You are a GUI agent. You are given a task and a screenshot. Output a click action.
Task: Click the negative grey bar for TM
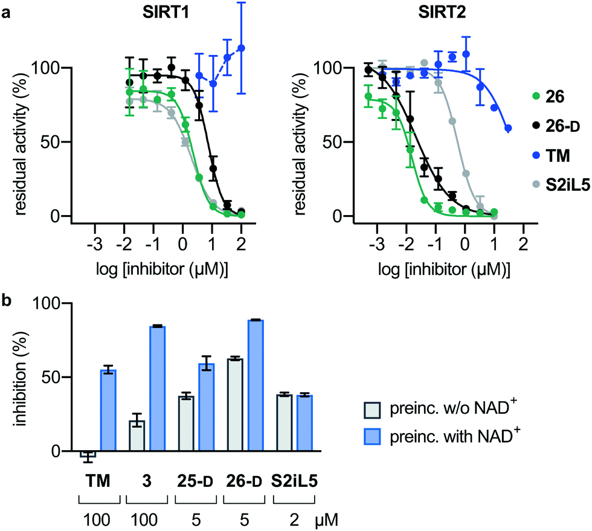point(88,454)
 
